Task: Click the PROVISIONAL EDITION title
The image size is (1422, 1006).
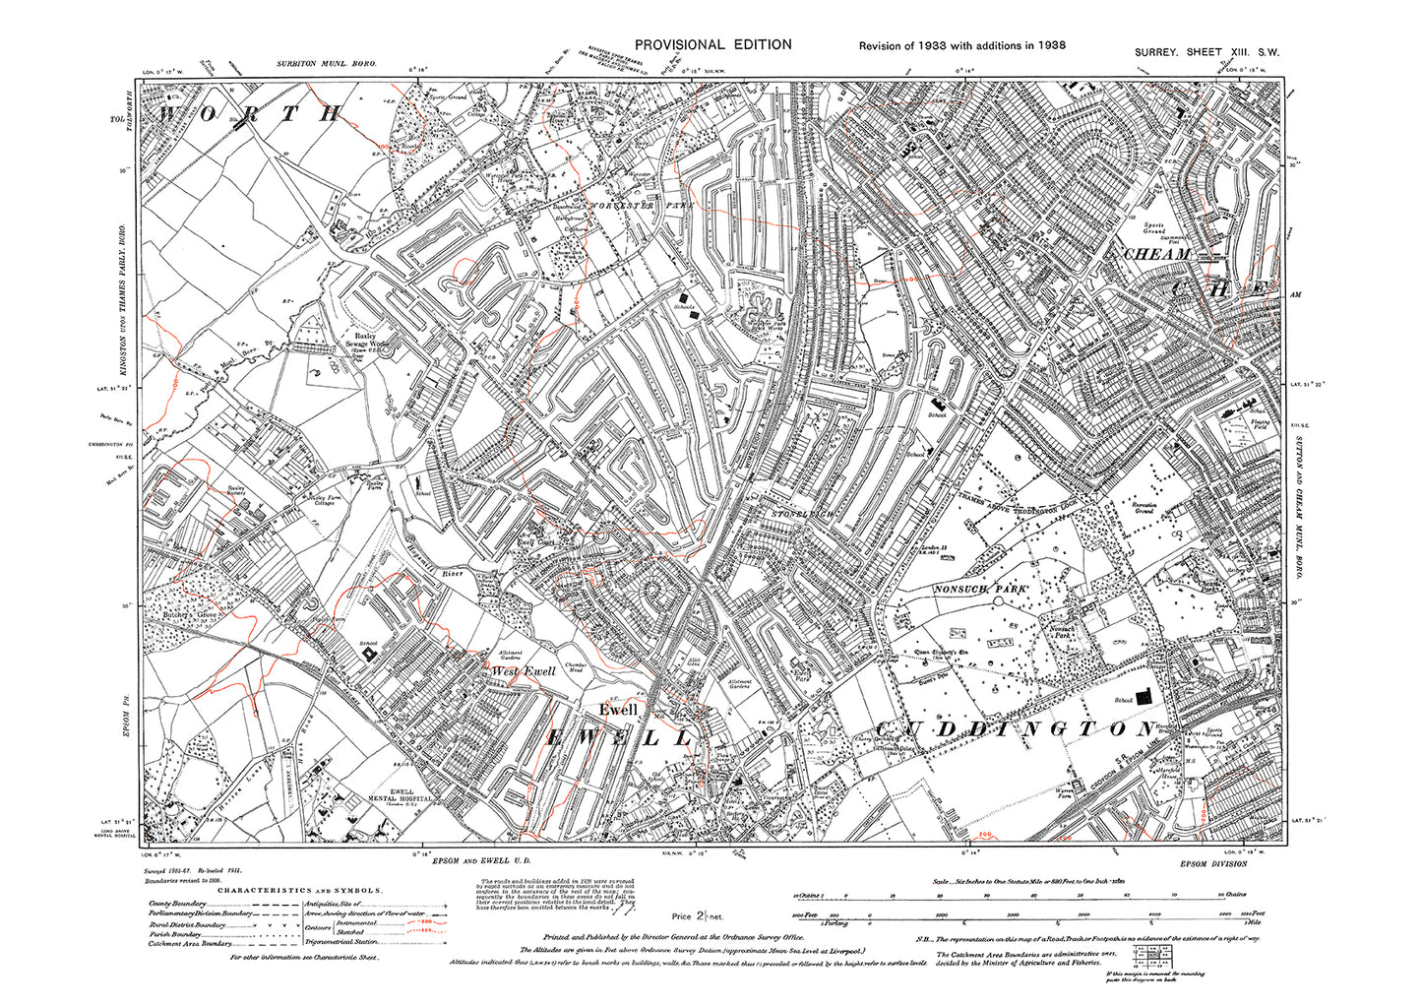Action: (x=712, y=44)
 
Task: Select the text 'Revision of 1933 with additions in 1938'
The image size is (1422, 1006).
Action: (x=961, y=45)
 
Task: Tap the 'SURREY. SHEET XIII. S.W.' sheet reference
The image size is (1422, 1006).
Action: (x=1206, y=52)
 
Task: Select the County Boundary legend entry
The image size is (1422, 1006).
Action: (x=178, y=904)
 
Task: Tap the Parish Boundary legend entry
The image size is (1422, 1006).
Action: (x=176, y=933)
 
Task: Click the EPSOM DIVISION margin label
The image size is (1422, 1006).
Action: (x=1212, y=863)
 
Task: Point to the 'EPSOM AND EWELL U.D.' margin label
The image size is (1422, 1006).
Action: (x=478, y=861)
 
